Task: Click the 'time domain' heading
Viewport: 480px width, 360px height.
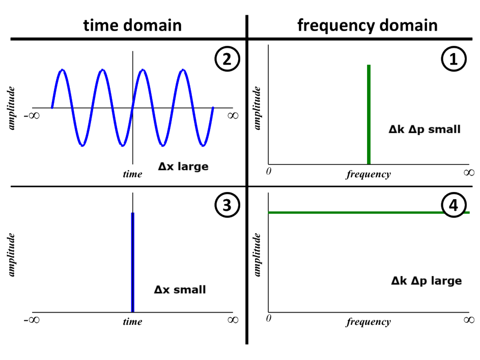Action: click(x=132, y=25)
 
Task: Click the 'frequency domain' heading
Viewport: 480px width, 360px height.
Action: click(x=367, y=25)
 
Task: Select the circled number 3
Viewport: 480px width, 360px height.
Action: click(x=227, y=205)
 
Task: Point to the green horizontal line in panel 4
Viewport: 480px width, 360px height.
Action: click(x=356, y=212)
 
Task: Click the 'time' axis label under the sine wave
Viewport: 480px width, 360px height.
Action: click(x=132, y=174)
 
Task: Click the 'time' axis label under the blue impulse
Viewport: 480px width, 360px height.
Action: click(x=132, y=321)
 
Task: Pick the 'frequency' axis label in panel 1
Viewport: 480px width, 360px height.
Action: click(x=369, y=175)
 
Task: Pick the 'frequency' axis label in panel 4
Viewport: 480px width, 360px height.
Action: click(x=369, y=322)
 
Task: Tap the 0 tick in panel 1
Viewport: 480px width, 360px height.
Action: click(x=269, y=171)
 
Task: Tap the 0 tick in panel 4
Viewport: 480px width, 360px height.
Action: click(x=269, y=318)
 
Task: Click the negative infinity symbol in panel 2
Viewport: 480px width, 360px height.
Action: click(x=32, y=116)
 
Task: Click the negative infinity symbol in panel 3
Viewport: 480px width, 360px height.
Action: click(x=32, y=320)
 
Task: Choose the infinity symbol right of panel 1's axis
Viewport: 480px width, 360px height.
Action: click(x=469, y=172)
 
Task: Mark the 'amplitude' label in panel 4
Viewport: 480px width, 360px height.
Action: click(x=258, y=255)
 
